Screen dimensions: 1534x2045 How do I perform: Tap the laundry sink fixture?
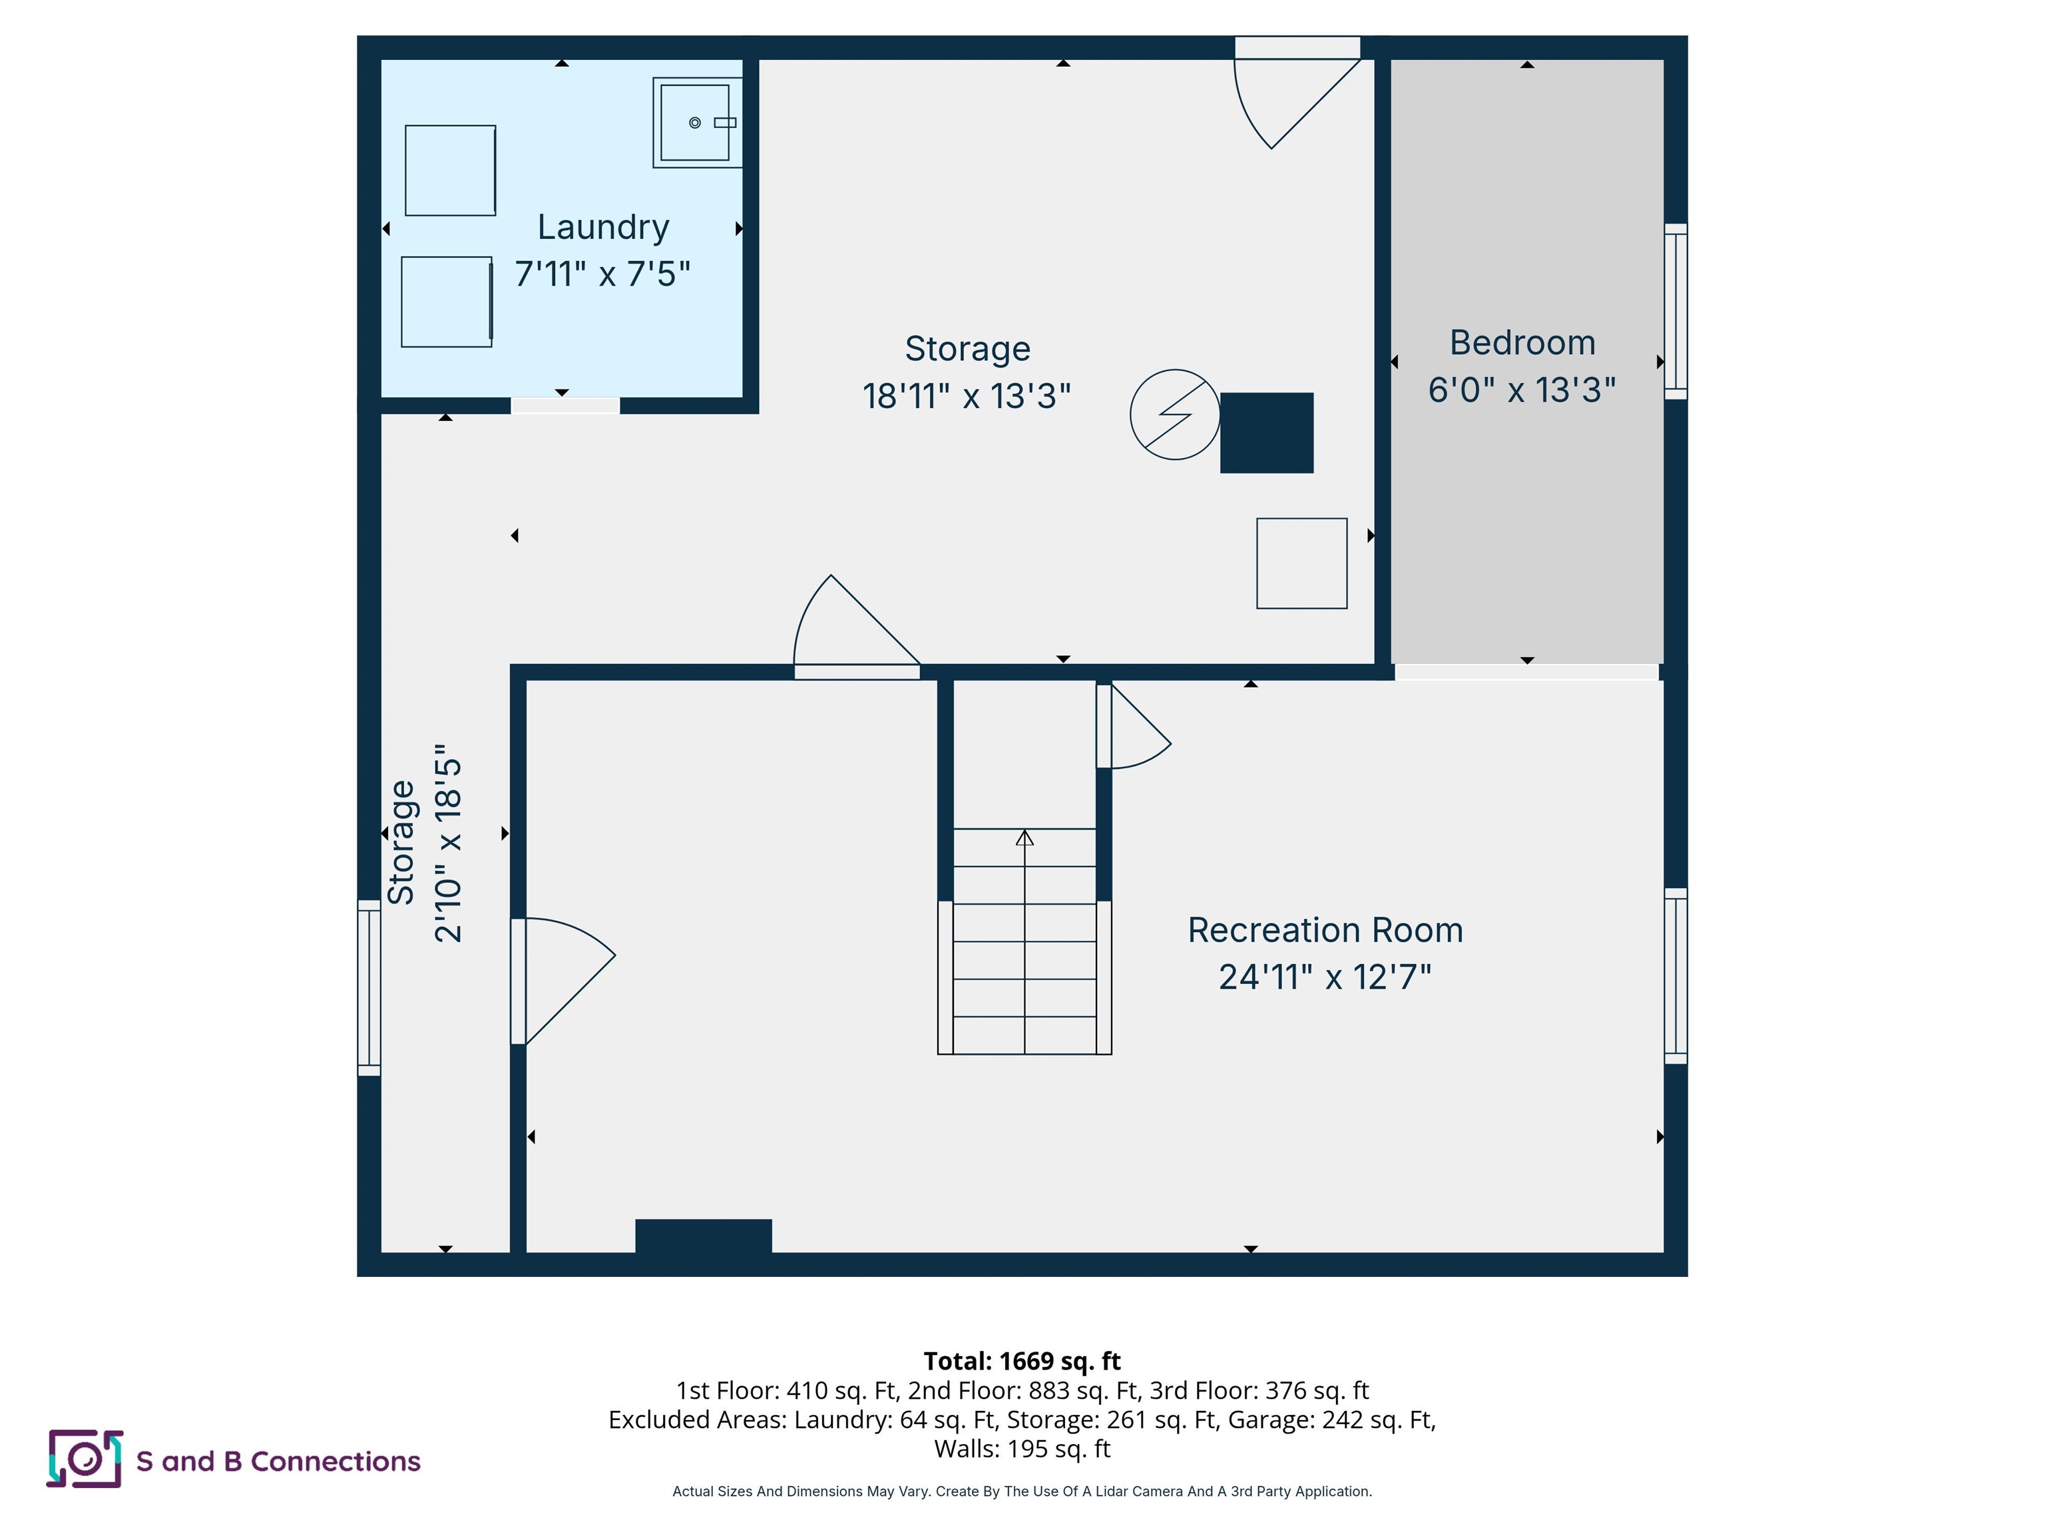tap(696, 122)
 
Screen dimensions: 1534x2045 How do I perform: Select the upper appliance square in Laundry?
tap(450, 170)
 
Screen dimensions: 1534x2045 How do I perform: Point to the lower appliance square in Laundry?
tap(447, 302)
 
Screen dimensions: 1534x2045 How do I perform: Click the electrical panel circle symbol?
tap(1174, 414)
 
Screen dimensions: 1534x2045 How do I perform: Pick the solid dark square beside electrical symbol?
tap(1267, 433)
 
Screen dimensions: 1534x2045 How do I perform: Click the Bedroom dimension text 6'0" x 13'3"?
tap(1522, 390)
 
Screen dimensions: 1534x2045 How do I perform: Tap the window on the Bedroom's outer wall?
tap(1675, 312)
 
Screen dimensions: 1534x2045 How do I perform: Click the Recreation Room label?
tap(1325, 930)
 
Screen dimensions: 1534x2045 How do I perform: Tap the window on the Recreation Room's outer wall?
tap(1675, 975)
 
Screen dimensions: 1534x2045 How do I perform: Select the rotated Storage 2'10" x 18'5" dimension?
tap(447, 844)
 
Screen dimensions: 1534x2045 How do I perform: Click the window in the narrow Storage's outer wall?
tap(369, 987)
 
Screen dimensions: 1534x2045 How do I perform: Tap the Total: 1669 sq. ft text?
tap(1022, 1360)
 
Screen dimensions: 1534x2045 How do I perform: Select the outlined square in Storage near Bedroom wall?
tap(1301, 563)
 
